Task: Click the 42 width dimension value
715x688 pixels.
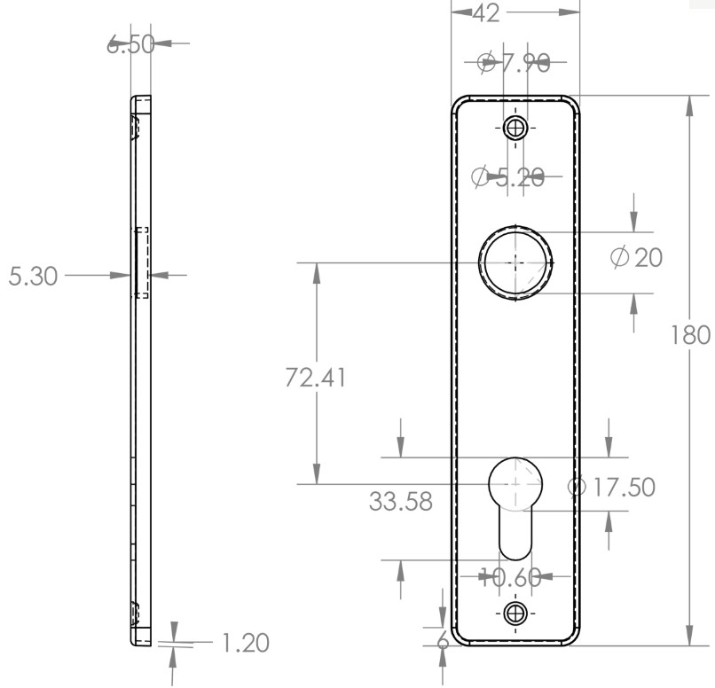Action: (486, 12)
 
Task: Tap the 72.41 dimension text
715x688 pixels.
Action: (315, 377)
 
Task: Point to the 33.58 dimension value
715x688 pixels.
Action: (401, 502)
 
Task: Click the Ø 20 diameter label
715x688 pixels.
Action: (637, 258)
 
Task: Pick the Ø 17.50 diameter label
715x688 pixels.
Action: (611, 487)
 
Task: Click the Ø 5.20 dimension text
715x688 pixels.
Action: (508, 177)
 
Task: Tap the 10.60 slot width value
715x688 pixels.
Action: (510, 578)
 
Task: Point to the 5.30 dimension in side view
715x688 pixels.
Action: (33, 276)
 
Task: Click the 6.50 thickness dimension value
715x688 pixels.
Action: (130, 44)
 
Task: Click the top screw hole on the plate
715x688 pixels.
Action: (515, 129)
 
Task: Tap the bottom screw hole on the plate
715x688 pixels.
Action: (515, 612)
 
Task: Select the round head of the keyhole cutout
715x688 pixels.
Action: (515, 484)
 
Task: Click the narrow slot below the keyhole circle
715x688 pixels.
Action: (515, 536)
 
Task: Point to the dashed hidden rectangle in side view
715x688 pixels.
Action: (142, 262)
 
